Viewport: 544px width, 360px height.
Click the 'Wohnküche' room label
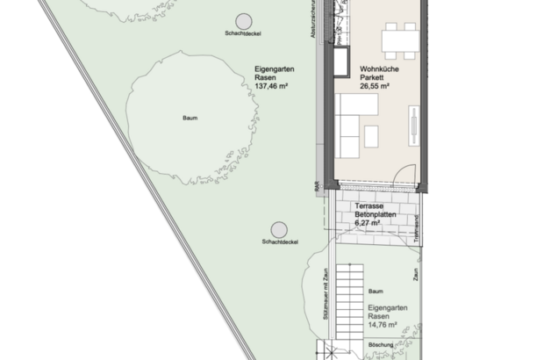pos(379,68)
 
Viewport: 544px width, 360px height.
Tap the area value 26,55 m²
pos(379,87)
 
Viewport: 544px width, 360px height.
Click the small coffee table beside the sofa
pos(371,135)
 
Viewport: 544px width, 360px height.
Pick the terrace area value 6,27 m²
pos(368,223)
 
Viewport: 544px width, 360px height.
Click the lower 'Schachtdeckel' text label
pos(281,241)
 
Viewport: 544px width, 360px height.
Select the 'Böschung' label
pos(380,345)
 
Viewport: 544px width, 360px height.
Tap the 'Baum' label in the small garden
pos(376,291)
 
